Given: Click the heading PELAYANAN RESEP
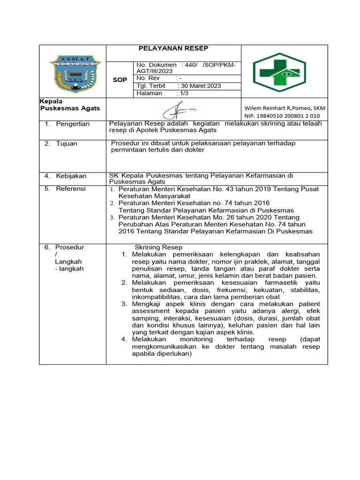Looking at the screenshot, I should pyautogui.click(x=173, y=48).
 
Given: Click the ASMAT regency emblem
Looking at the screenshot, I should pyautogui.click(x=75, y=73).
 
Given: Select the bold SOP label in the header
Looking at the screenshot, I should pyautogui.click(x=120, y=80).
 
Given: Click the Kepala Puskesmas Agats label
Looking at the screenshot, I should pyautogui.click(x=70, y=105).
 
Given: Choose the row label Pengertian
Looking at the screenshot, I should pyautogui.click(x=73, y=124).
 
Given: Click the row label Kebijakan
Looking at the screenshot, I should pyautogui.click(x=71, y=176).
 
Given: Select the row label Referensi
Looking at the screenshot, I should pyautogui.click(x=71, y=188).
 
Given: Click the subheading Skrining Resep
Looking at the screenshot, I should pyautogui.click(x=158, y=247).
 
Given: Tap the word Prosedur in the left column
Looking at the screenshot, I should pyautogui.click(x=69, y=247).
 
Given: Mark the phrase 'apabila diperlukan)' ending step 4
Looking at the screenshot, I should pyautogui.click(x=162, y=354).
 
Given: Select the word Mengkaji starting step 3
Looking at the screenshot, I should pyautogui.click(x=147, y=304).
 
